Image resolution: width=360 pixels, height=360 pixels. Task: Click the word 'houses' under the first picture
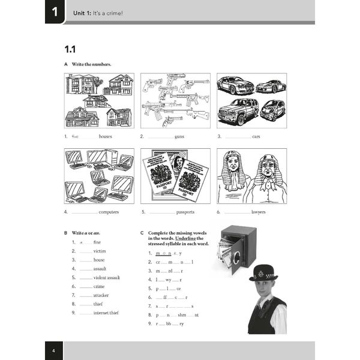[x=105, y=136]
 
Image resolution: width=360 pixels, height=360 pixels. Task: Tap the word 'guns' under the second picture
[x=179, y=136]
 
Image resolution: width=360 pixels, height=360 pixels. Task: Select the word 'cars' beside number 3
[x=256, y=136]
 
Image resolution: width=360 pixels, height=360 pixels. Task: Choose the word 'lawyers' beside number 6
[x=259, y=212]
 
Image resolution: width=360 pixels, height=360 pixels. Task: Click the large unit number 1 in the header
[x=54, y=11]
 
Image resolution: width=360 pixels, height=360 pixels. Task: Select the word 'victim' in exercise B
[x=100, y=251]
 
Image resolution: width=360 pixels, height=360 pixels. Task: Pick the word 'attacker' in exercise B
[x=101, y=295]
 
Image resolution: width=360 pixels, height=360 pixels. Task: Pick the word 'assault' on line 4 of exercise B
[x=100, y=269]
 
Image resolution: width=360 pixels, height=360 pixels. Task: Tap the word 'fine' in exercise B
[x=97, y=242]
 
